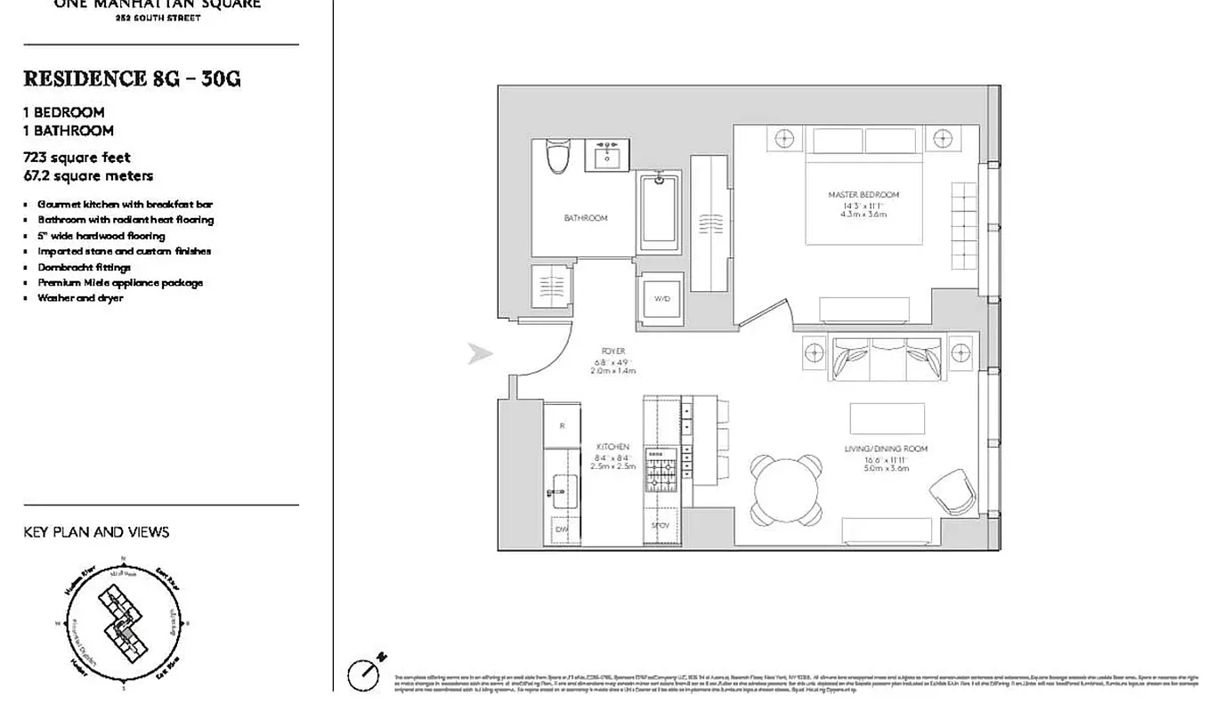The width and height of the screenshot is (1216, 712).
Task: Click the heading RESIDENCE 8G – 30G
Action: point(132,79)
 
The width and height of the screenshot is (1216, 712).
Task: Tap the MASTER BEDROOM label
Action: point(863,195)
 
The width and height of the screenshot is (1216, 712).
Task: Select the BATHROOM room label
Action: point(585,218)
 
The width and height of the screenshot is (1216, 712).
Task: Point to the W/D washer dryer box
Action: point(661,299)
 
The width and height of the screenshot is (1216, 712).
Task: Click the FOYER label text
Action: point(612,352)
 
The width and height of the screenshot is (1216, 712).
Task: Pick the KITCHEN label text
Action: point(612,447)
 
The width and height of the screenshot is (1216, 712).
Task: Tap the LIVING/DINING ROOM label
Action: point(886,449)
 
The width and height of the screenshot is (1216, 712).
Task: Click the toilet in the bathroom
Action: point(557,158)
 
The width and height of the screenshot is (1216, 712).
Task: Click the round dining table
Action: point(786,489)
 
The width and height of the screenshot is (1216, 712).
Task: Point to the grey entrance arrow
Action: point(480,354)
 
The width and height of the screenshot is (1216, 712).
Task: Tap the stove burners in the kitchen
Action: point(661,472)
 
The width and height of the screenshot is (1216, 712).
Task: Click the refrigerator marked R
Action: point(562,425)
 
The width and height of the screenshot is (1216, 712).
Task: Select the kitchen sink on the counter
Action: point(561,488)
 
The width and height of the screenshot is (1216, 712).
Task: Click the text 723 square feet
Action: point(77,158)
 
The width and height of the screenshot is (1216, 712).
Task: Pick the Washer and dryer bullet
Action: point(80,298)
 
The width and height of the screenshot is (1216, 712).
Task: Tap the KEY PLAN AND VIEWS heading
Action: point(96,532)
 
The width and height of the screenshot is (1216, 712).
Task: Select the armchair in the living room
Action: point(952,490)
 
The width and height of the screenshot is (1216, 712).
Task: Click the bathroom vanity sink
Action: point(608,155)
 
